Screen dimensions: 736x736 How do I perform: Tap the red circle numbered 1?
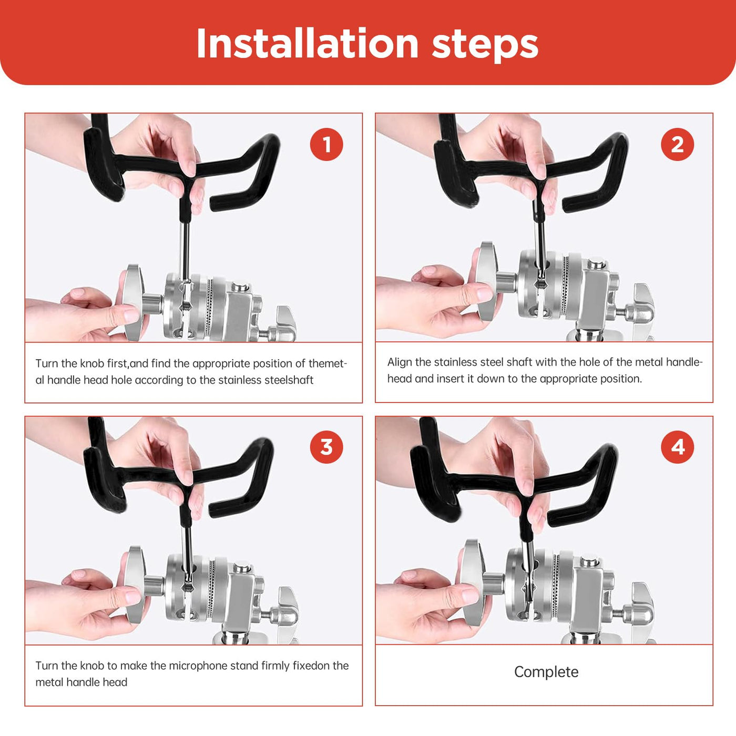[326, 145]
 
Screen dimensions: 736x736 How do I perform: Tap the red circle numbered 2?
[677, 145]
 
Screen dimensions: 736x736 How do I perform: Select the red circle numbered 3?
[326, 447]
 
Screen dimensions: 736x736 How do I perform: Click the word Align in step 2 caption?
[398, 362]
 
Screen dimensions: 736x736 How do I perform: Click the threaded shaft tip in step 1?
[187, 305]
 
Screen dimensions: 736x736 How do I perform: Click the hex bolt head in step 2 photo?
[596, 263]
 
